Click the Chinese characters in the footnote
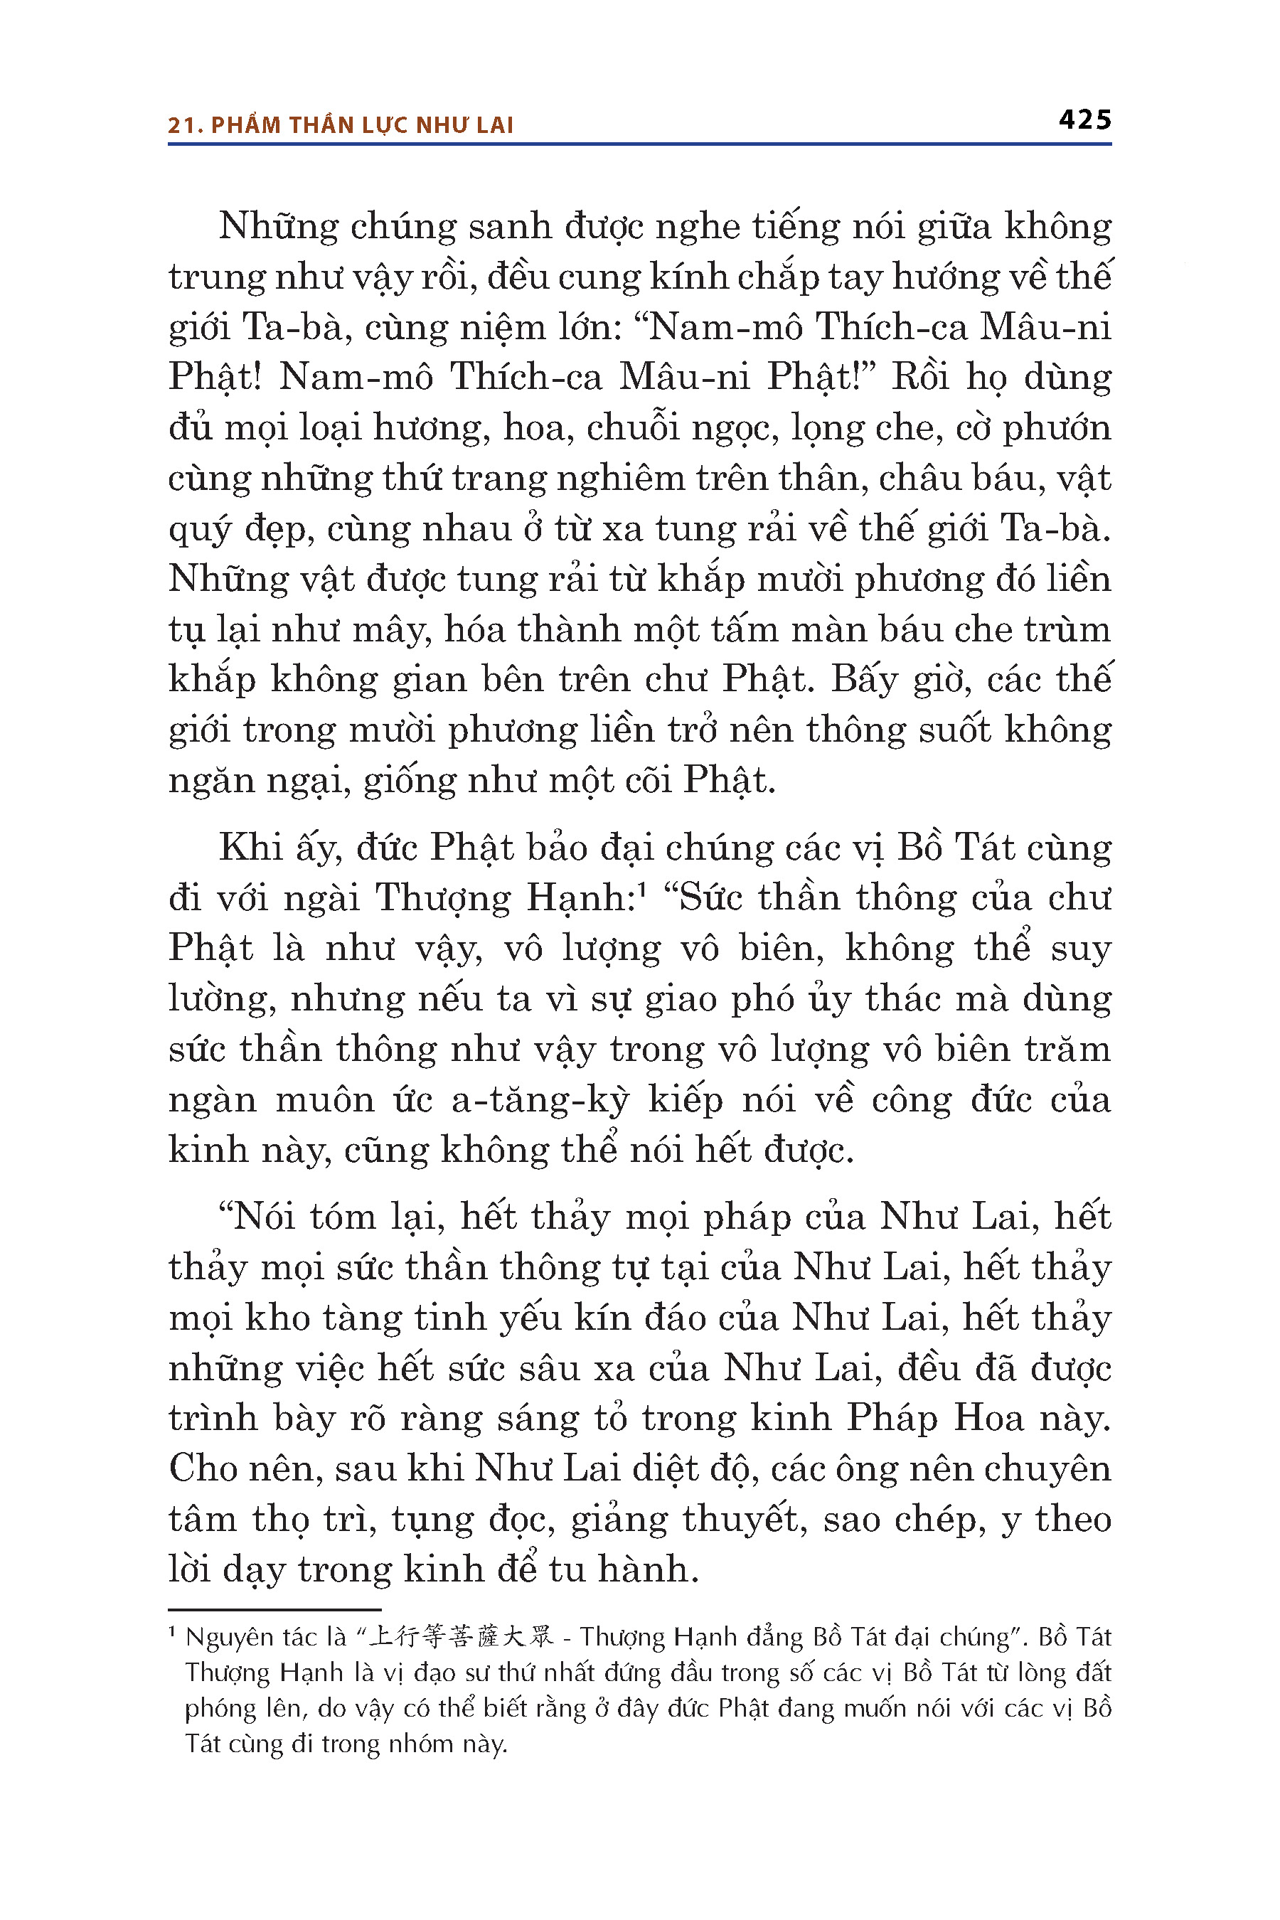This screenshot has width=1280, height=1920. click(460, 1638)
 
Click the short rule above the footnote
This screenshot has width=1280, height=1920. click(274, 1610)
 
